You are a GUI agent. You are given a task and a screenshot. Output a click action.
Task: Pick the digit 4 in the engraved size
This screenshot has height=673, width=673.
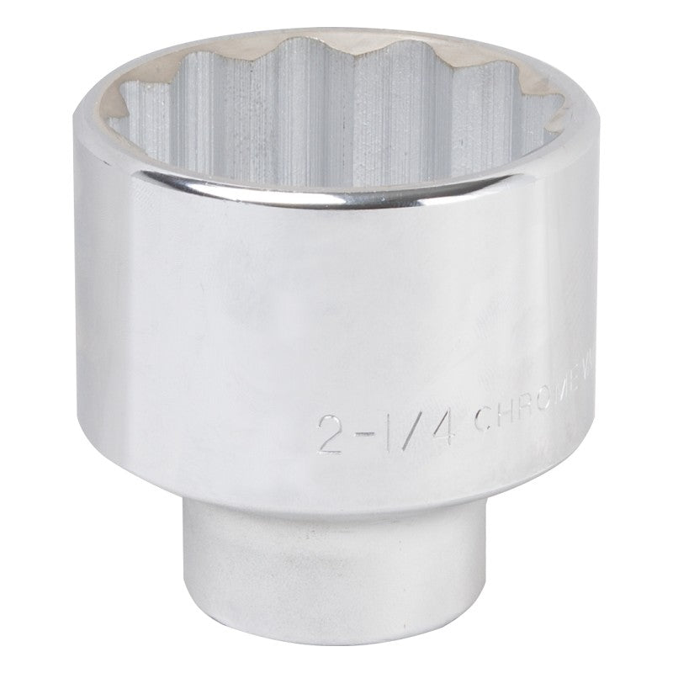click(x=441, y=427)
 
